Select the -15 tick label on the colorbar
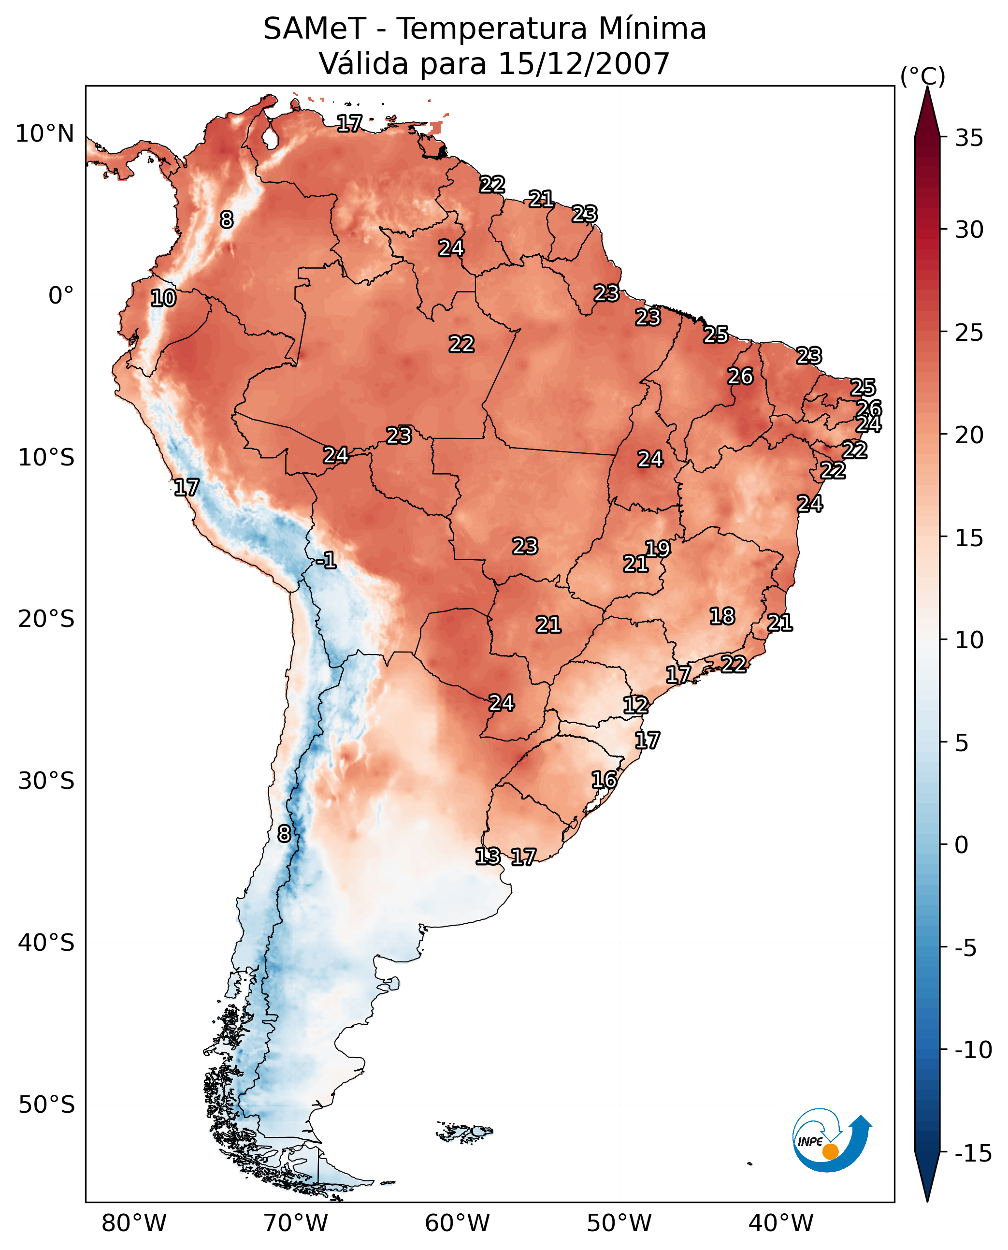pos(973,1153)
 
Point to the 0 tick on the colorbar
pos(962,844)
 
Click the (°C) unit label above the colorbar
pos(922,76)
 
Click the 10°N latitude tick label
pos(45,134)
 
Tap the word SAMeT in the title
pos(315,29)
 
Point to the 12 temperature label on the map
pos(636,705)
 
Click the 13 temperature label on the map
pos(488,856)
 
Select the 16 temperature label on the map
pos(605,780)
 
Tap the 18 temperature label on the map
pos(722,616)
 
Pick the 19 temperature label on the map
pos(658,549)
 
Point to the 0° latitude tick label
pos(61,296)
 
